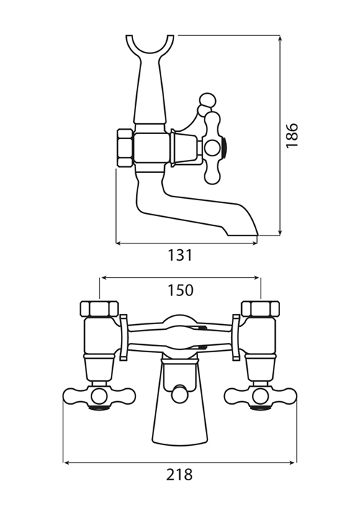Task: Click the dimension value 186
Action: point(292,135)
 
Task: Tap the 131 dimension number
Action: point(180,255)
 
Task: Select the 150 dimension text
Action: point(181,290)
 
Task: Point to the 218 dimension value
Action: point(179,475)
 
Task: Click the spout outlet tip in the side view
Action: point(242,235)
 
